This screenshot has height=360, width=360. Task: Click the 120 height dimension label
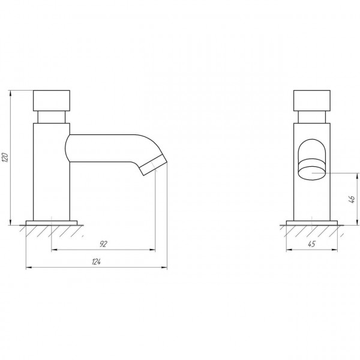point(5,157)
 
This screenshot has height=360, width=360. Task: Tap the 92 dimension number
point(104,244)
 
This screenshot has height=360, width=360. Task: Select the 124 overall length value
point(97,262)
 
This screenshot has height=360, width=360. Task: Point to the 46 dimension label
point(352,199)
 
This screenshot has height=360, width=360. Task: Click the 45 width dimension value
point(312,244)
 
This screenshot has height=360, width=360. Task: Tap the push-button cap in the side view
point(52,101)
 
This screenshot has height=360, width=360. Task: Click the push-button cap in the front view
point(312,101)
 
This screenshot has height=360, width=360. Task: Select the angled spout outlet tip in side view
point(153,165)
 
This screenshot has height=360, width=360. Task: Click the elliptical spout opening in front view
point(312,173)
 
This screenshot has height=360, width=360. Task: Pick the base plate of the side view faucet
point(52,223)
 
